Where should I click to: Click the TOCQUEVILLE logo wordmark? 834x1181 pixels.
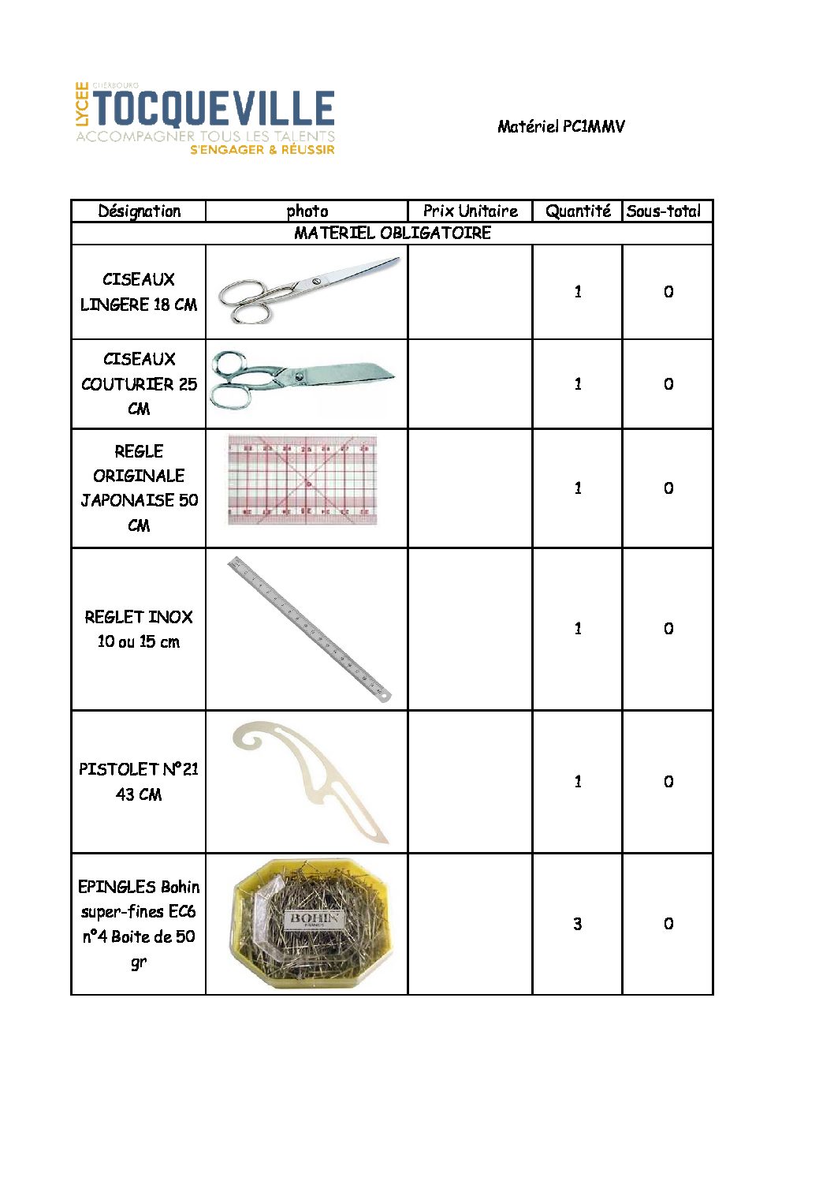(214, 109)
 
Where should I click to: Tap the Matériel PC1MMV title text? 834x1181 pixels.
(560, 126)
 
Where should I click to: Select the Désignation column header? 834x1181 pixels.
(139, 211)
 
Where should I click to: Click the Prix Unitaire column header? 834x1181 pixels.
(470, 211)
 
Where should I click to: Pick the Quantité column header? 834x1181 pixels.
(578, 211)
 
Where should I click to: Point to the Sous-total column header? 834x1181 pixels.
(664, 211)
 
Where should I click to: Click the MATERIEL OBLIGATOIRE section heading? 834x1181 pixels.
(393, 233)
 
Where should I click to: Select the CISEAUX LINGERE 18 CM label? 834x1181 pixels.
(139, 292)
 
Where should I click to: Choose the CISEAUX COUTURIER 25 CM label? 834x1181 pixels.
(139, 383)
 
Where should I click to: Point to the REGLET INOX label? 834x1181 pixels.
(139, 629)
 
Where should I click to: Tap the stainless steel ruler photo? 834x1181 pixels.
(309, 629)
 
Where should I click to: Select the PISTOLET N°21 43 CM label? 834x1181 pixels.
(139, 781)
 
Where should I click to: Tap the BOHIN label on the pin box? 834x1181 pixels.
(315, 919)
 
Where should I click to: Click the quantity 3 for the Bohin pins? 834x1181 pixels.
(578, 924)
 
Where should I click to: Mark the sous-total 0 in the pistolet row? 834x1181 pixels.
(668, 782)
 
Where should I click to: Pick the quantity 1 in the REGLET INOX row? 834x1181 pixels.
(578, 629)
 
